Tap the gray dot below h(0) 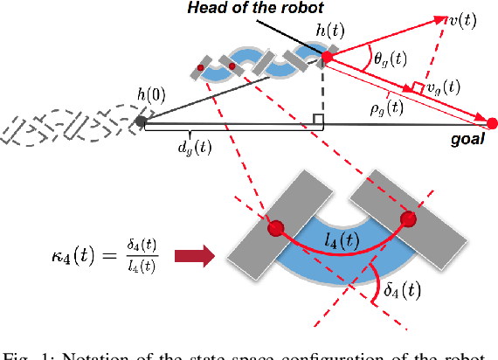coord(141,121)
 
